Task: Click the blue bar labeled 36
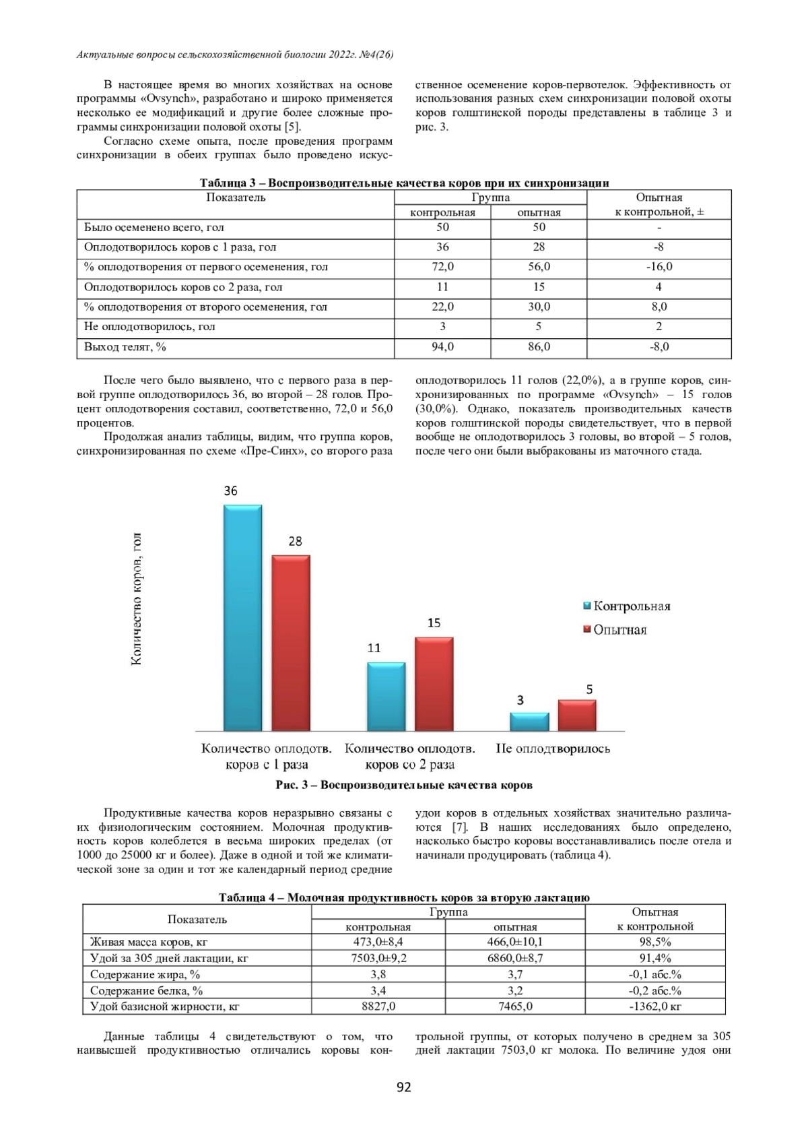242,618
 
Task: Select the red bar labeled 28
291,643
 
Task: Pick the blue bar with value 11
386,697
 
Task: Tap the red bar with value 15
434,684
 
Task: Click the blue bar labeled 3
529,722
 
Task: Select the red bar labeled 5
577,716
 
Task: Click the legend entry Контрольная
626,606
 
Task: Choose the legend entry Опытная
614,630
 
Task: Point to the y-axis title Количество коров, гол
137,599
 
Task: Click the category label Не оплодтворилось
553,749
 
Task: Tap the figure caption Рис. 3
404,785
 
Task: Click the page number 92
404,1087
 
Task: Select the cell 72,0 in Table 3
442,267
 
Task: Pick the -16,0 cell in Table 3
659,267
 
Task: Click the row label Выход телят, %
125,347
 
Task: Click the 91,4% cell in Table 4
654,958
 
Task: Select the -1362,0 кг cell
654,1007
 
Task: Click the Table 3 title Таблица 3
404,183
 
